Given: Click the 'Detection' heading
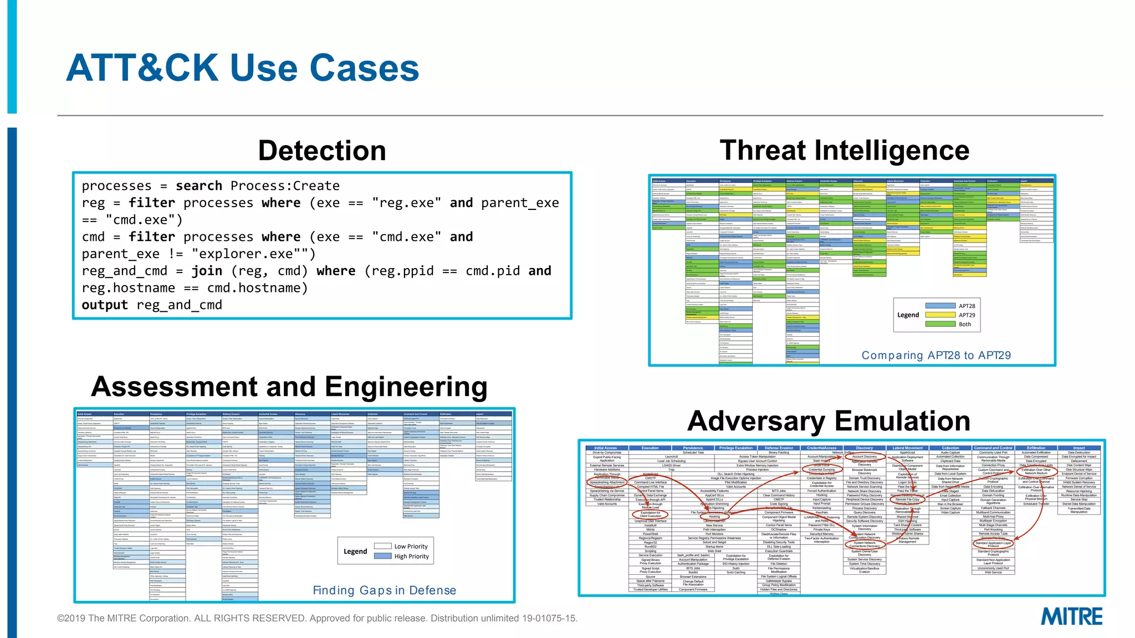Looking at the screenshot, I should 322,151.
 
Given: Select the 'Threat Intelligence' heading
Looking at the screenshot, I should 844,150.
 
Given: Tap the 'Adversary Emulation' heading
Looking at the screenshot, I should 829,421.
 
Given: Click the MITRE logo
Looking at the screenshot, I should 1071,616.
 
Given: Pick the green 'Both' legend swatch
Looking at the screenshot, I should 940,324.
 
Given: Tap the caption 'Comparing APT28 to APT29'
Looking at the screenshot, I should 936,356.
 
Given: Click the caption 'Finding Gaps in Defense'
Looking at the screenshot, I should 384,590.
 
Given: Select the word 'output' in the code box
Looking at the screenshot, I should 105,305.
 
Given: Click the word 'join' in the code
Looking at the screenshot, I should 207,271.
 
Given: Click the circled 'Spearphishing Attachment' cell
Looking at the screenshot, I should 607,482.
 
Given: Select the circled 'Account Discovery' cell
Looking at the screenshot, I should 865,457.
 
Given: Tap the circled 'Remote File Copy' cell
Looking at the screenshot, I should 907,500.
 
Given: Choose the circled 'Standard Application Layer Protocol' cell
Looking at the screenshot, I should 993,544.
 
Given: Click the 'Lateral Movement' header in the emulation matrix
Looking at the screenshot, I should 907,448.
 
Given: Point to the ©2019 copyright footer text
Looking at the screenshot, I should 317,618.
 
